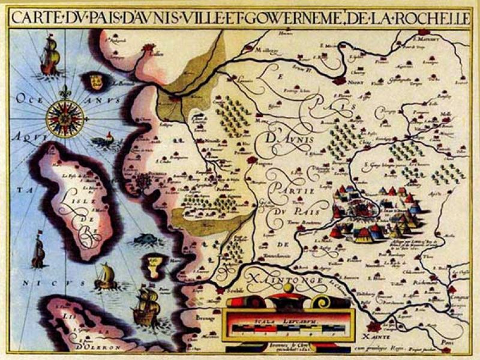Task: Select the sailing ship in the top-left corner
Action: pyautogui.click(x=50, y=55)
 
